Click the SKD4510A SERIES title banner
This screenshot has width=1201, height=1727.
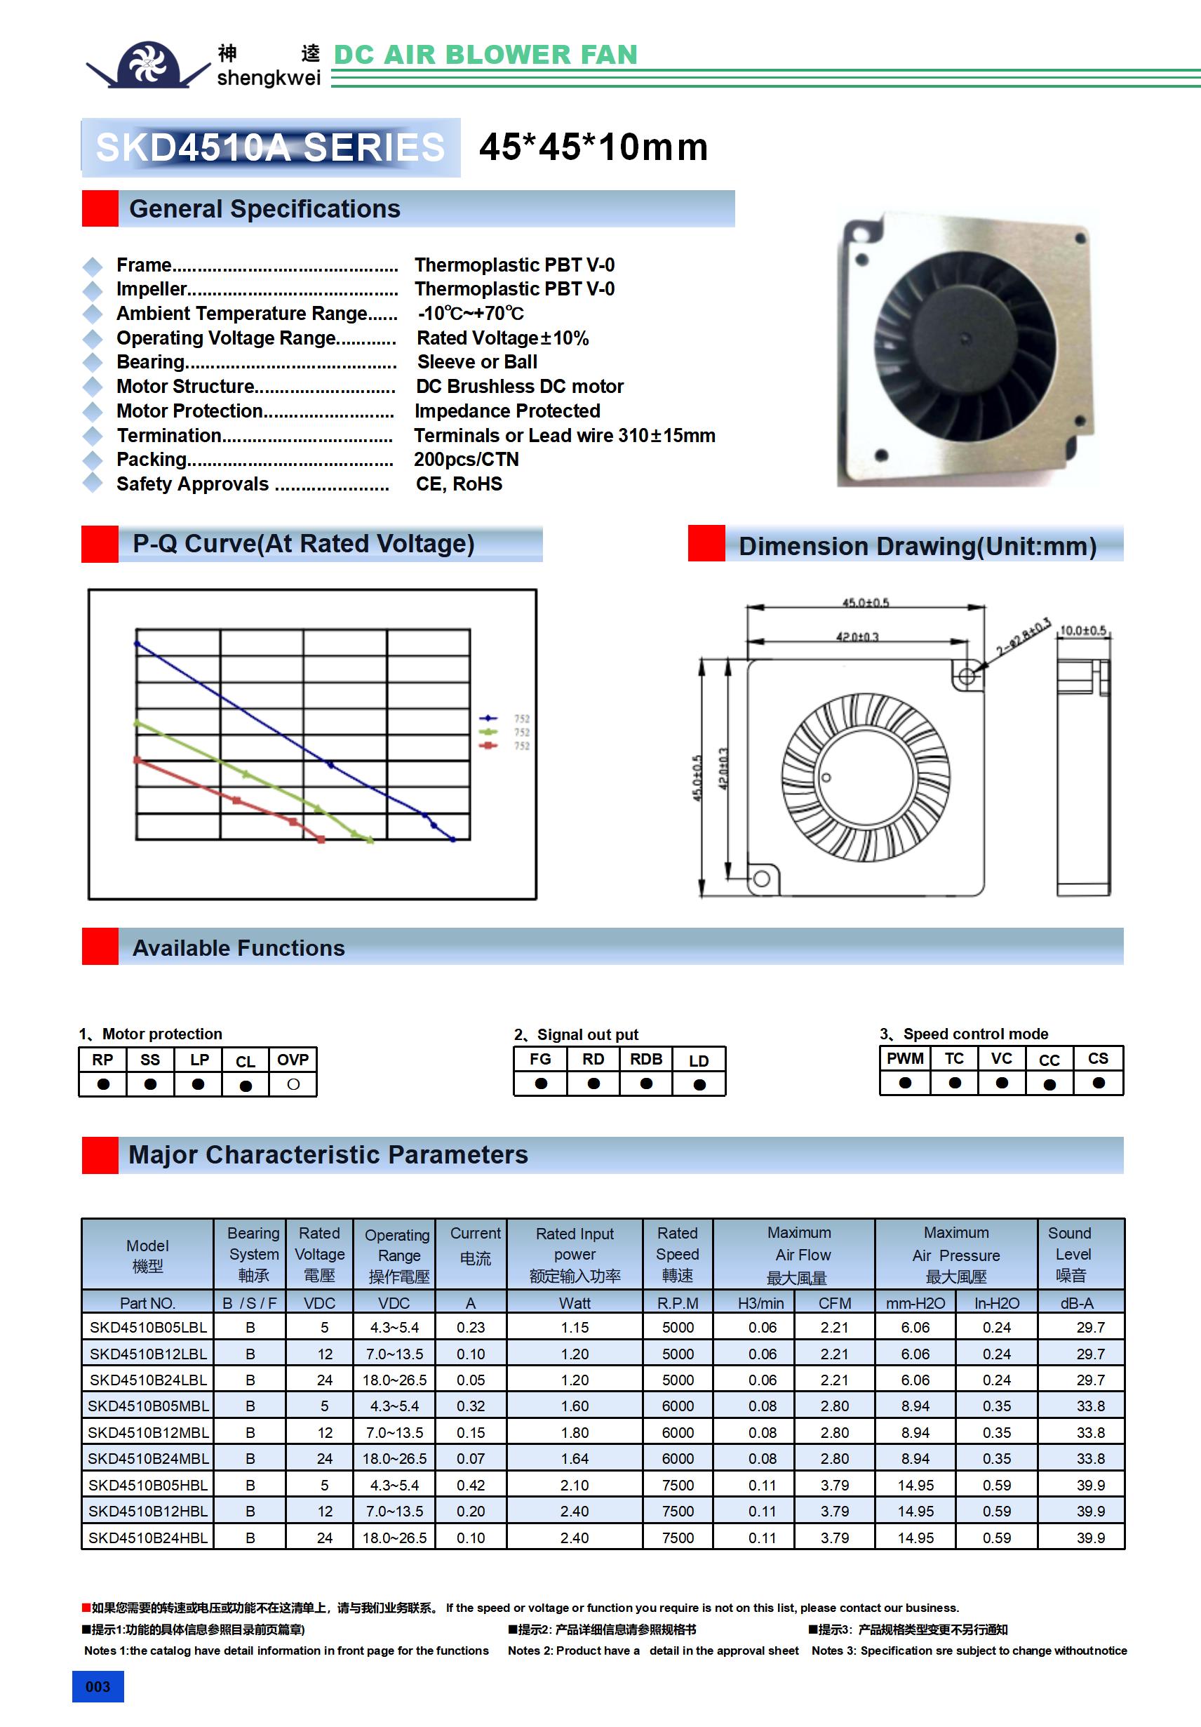[271, 147]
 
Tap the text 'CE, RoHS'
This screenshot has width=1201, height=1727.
[459, 484]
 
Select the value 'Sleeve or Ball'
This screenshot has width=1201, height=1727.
[477, 362]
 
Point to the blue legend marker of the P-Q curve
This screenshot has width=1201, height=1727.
[488, 719]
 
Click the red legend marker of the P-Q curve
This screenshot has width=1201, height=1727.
[488, 745]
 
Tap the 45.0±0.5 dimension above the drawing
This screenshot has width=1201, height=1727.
[865, 604]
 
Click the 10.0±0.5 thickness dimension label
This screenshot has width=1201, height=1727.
[1082, 630]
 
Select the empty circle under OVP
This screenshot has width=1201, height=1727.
[293, 1084]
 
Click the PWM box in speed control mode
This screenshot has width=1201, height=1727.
[905, 1058]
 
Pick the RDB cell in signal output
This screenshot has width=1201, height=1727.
[646, 1059]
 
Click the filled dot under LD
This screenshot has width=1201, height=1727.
[699, 1084]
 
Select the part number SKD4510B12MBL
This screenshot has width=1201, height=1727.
[148, 1432]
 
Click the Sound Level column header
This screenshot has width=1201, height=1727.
[1072, 1254]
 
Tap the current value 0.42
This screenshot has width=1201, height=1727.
[471, 1485]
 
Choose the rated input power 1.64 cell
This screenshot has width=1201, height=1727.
[575, 1458]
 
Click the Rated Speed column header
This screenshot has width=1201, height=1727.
[678, 1254]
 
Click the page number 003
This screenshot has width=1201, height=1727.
[98, 1686]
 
